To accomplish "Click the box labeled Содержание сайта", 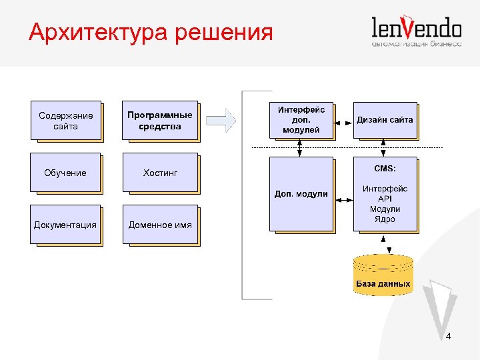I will pos(65,121).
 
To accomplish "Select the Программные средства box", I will pos(160,121).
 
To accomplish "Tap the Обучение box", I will pos(65,173).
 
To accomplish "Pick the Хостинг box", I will pos(160,173).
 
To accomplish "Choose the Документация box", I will pos(65,225).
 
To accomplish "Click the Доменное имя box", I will pos(160,225).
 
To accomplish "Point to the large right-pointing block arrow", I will pos(221,121).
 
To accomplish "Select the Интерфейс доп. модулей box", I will pos(301,120).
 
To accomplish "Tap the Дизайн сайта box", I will pos(385,120).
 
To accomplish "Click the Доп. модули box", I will pos(301,194).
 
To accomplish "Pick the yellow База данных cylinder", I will pos(383,274).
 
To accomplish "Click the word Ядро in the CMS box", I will pos(385,219).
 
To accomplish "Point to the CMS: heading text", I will pos(385,169).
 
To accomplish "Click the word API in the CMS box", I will pos(385,199).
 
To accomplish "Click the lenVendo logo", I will pos(416,31).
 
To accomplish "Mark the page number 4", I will pos(448,337).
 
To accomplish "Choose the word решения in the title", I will pos(224,32).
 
